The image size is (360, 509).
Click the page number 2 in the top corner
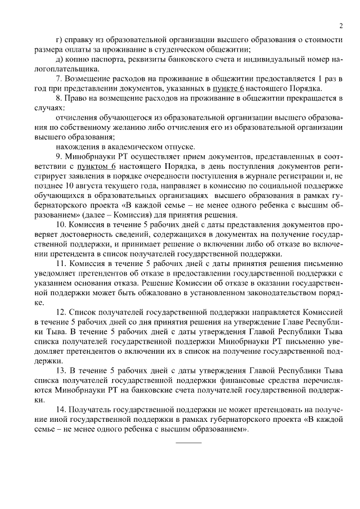341,25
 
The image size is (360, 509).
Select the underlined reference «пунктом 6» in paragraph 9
97,167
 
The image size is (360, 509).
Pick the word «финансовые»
216,381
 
